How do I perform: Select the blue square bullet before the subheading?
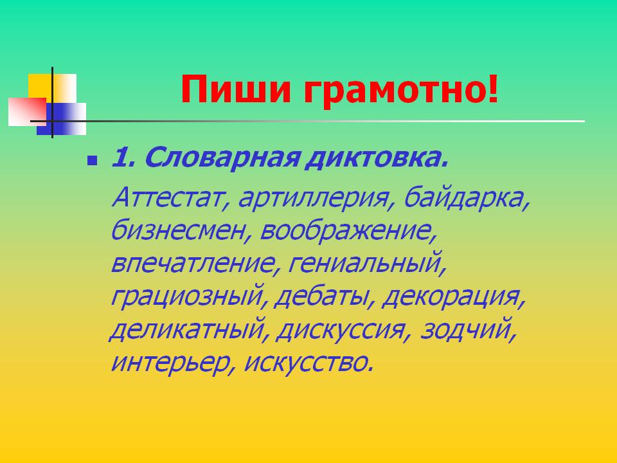tap(93, 160)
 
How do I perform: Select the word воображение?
tap(348, 231)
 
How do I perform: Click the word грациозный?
tap(186, 297)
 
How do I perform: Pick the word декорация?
tap(452, 296)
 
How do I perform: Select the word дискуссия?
tap(341, 329)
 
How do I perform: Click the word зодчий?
tap(467, 329)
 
